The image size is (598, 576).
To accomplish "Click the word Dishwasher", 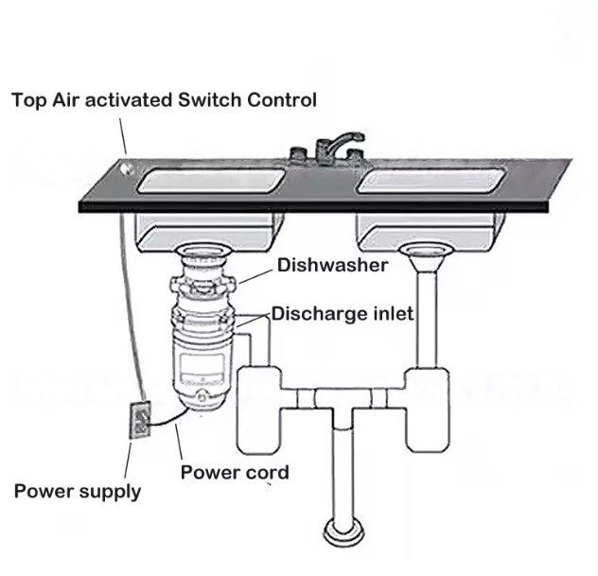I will pos(332,266).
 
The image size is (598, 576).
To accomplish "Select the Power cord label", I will pos(235,472).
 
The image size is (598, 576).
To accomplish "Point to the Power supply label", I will pos(78,491).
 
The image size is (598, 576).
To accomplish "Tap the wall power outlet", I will pos(140,420).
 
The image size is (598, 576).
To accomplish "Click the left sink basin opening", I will pos(210,180).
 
